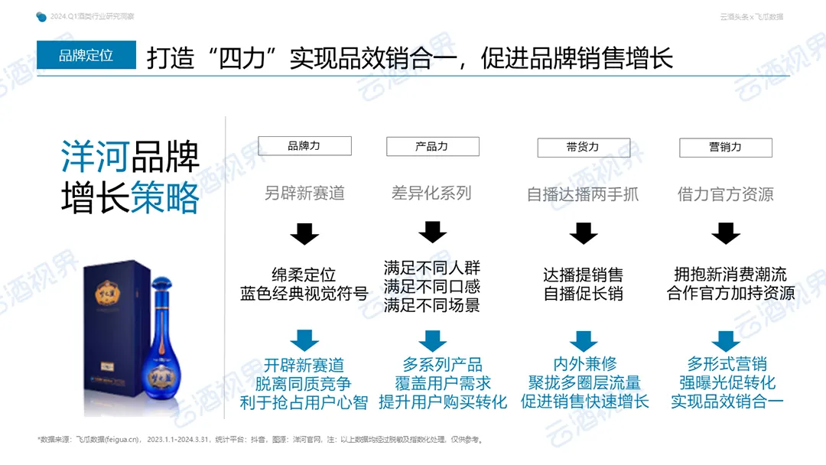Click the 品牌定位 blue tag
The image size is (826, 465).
point(86,55)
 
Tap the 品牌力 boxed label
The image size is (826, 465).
point(304,146)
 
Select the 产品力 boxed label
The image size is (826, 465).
point(432,146)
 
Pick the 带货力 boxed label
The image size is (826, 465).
point(583,147)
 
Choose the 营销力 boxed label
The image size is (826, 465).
point(725,147)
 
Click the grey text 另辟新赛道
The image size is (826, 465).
point(304,193)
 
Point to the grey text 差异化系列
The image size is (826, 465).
point(431,193)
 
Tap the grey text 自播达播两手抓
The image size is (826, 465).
point(583,194)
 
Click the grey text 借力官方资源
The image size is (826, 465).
point(725,194)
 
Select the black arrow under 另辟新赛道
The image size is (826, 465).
point(304,233)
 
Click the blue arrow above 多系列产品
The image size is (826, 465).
point(432,340)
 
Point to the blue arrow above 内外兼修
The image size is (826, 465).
point(584,340)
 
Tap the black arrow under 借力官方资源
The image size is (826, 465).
point(726,233)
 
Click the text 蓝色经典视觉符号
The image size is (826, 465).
point(304,294)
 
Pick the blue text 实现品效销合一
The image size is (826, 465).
point(727,402)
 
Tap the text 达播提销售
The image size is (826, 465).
point(583,275)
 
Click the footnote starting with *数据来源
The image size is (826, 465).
point(260,440)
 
